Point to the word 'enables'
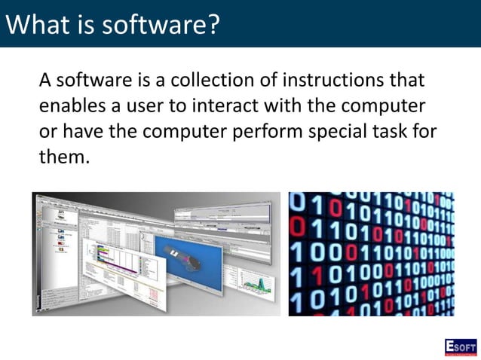[74, 105]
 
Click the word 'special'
[335, 131]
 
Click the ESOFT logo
[460, 346]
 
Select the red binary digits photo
[371, 254]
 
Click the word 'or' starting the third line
[48, 131]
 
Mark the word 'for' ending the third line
[424, 131]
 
